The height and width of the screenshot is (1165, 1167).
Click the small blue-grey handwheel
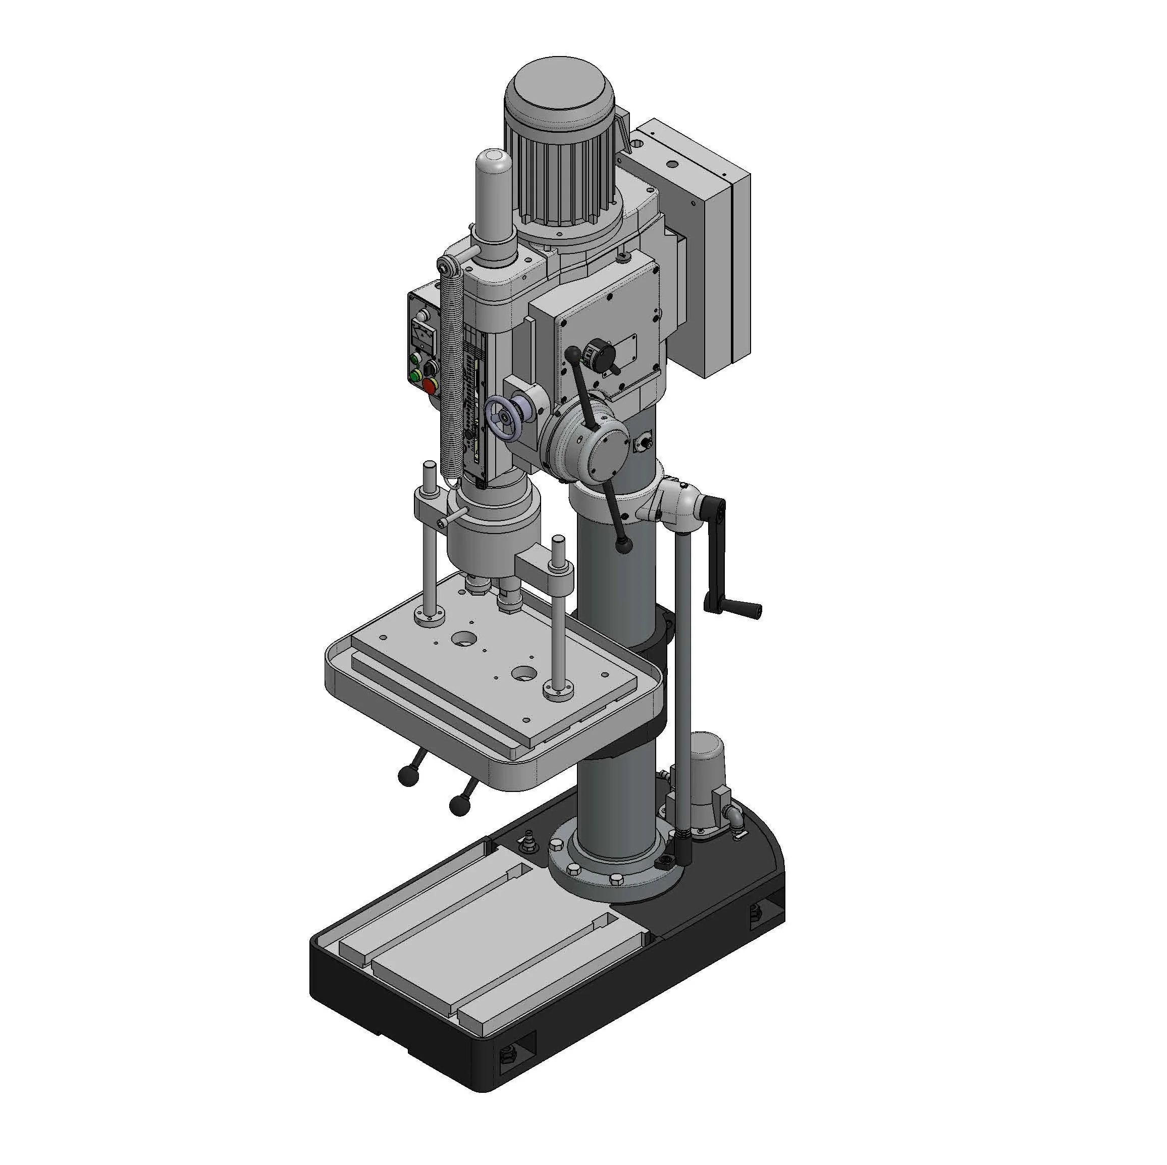tap(503, 418)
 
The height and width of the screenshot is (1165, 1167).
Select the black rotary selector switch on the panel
tap(431, 366)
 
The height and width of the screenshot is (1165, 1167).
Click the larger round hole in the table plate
tap(464, 638)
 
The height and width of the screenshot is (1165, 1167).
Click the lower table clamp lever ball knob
tap(459, 805)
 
